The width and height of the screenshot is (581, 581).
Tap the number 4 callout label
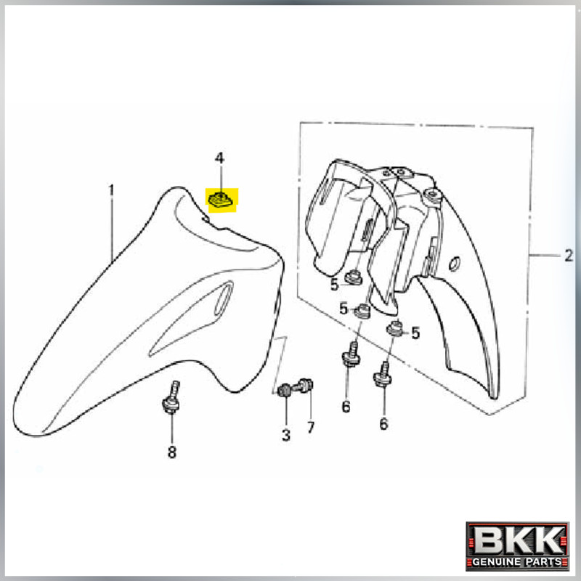coord(220,158)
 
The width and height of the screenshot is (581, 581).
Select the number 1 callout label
coord(112,190)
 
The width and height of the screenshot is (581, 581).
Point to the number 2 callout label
coord(569,256)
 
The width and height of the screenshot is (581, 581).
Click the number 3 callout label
coord(286,435)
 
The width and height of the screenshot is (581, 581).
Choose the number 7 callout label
coord(311,428)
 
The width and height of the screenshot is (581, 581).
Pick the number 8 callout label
coord(172,452)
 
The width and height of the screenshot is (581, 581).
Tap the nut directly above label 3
coord(285,390)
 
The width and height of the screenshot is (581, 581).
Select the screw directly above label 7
coord(304,386)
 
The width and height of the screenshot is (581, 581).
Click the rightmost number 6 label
coord(383,423)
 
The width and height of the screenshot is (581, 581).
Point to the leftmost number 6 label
coord(346,407)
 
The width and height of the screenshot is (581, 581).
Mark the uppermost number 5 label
coord(334,285)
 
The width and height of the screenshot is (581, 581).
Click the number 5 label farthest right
coord(415,333)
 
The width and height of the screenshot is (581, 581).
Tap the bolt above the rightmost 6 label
coord(383,375)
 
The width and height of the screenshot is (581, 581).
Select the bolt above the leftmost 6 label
coord(352,354)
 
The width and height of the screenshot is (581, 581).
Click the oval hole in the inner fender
coord(455,263)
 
